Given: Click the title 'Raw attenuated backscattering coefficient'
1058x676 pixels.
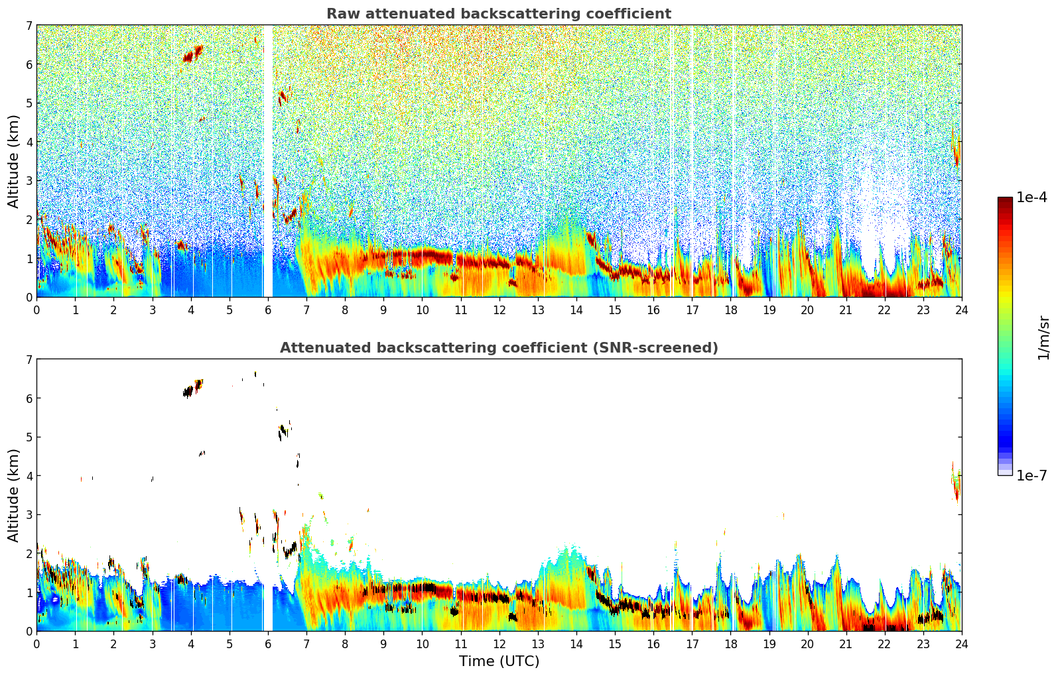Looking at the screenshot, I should (x=498, y=14).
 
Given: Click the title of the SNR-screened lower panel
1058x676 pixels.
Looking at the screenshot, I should (x=498, y=348).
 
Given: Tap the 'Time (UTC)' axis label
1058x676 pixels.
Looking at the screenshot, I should (x=499, y=661).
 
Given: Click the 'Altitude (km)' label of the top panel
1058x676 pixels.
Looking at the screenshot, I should (x=14, y=161).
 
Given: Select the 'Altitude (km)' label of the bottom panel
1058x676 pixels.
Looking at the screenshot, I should (x=14, y=495).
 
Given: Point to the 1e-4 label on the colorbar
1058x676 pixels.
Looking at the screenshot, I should (x=1031, y=197).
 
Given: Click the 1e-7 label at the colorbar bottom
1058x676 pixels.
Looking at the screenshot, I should (x=1031, y=475).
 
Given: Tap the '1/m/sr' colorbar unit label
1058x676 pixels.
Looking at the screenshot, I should (x=1043, y=337).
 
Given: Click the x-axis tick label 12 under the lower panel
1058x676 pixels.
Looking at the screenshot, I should (x=499, y=644).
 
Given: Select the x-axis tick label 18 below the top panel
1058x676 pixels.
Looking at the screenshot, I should (x=730, y=310).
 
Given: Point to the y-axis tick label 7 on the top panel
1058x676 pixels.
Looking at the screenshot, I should (x=29, y=26).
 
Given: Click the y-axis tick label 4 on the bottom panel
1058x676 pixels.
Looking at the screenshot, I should (x=29, y=476).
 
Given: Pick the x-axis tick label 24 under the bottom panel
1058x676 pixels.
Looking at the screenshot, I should (x=961, y=644).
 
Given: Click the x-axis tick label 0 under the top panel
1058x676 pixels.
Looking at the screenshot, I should (x=36, y=310).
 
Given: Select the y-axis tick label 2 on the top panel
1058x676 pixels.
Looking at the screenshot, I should (x=29, y=219).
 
